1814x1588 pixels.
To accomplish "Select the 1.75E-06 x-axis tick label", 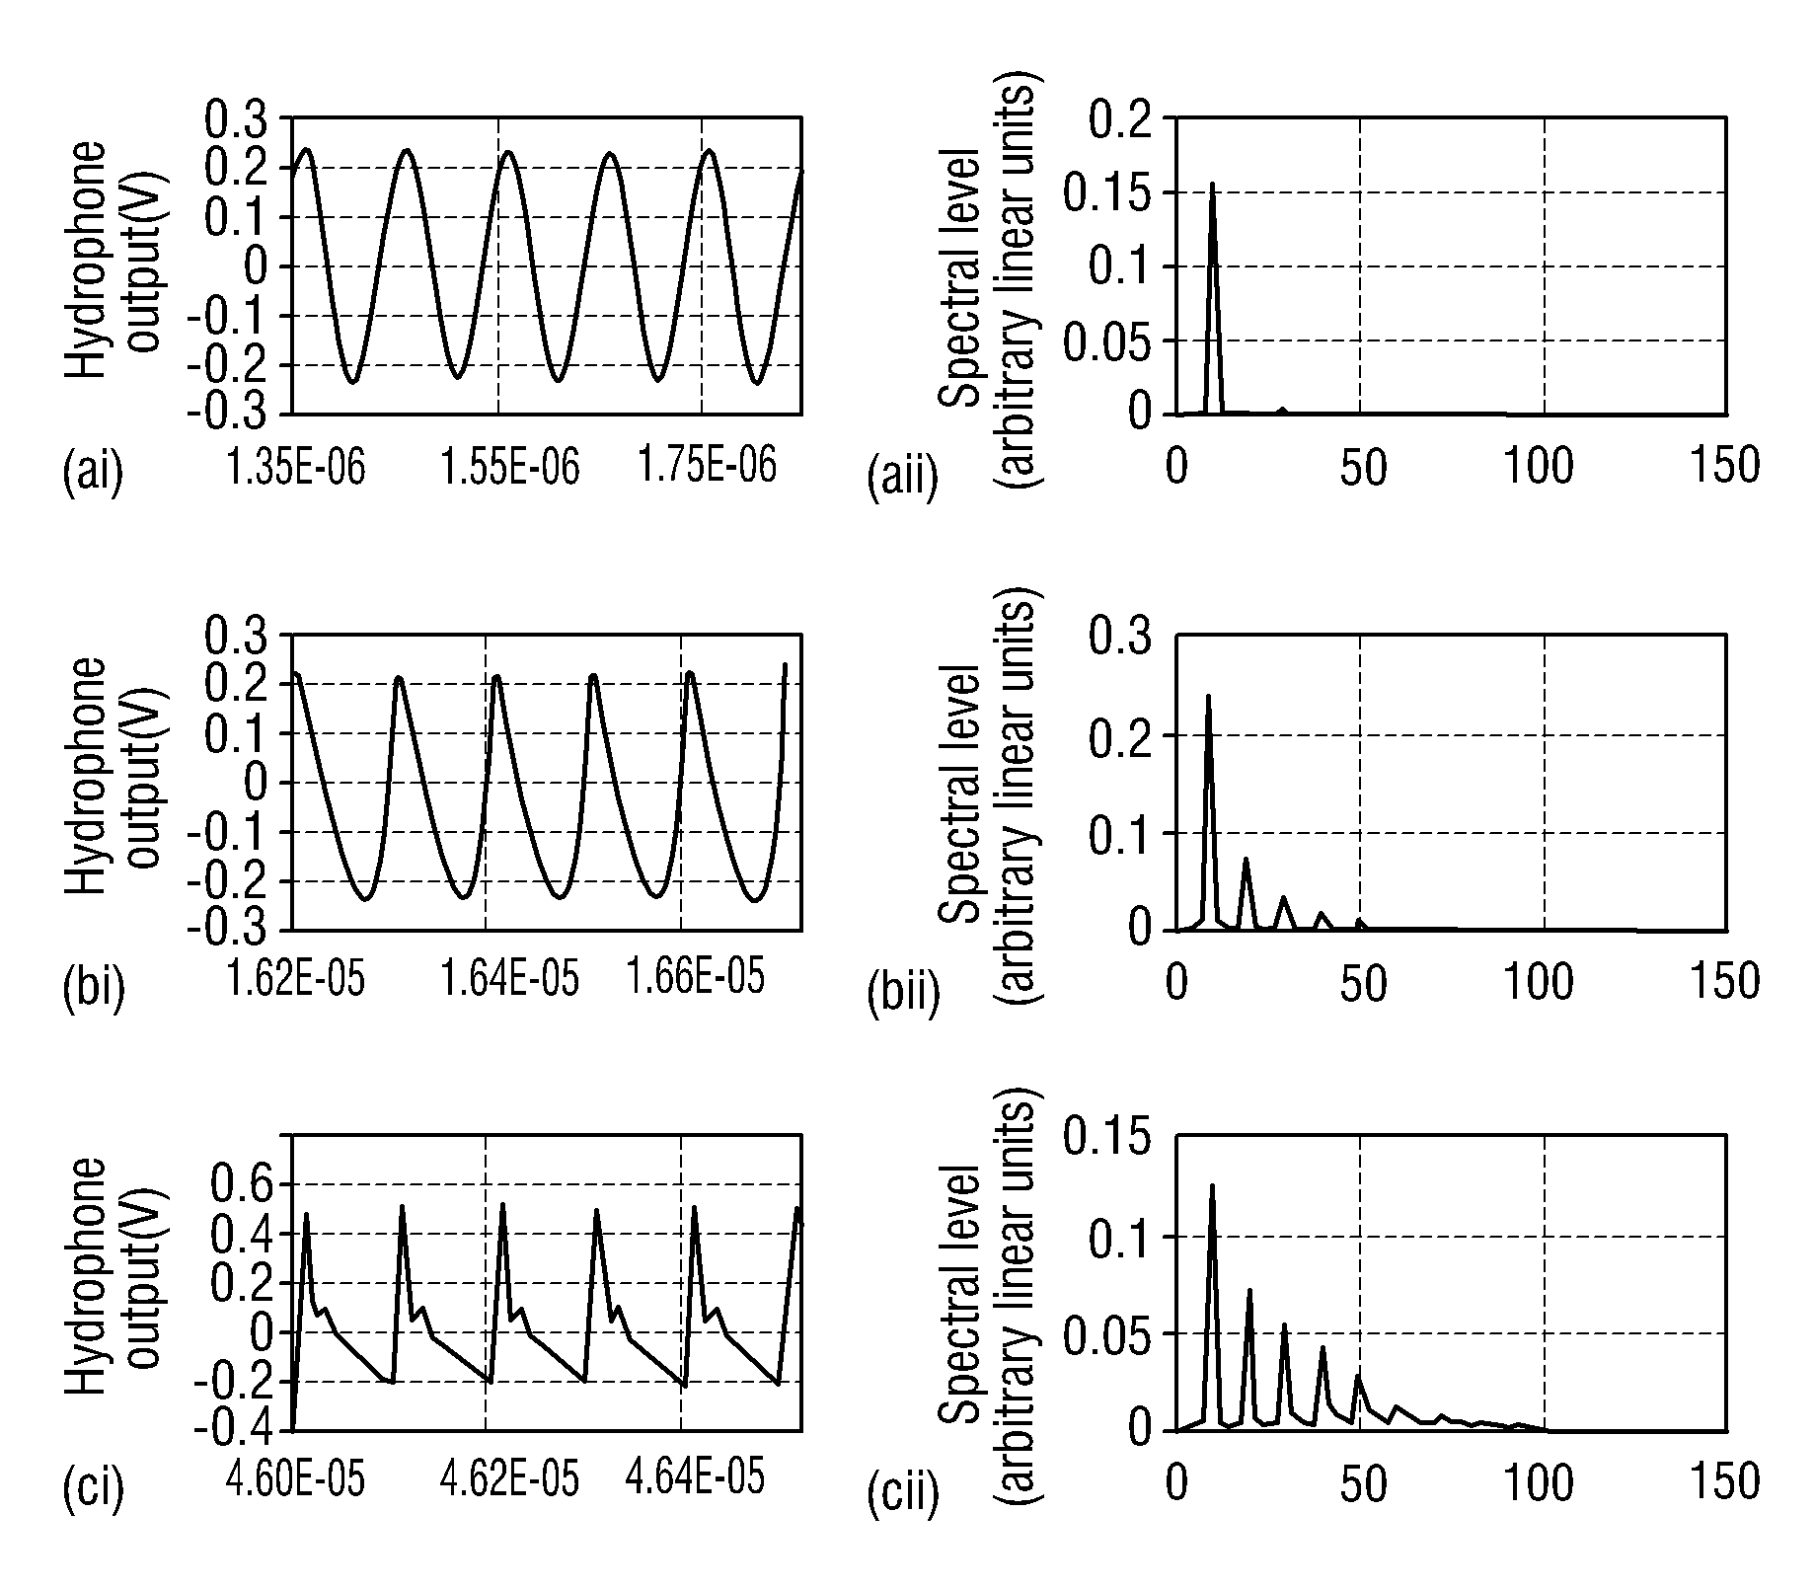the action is click(708, 465).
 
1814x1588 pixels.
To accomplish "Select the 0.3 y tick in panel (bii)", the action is click(1121, 637).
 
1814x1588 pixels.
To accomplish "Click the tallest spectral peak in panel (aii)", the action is click(1212, 184).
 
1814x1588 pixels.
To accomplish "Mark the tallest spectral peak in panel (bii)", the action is click(1208, 696).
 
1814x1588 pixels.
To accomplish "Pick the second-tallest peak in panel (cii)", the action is click(1249, 1290).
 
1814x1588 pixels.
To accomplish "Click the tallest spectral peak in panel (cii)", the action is click(1212, 1185).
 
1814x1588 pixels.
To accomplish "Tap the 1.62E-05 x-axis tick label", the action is click(296, 980).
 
